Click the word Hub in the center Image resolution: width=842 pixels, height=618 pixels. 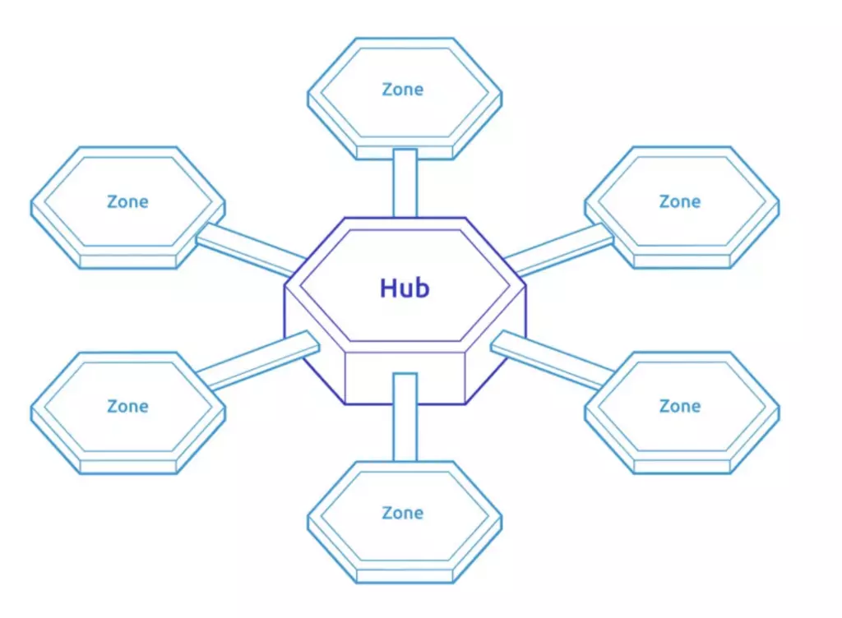[405, 288]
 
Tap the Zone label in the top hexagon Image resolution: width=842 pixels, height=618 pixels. [403, 90]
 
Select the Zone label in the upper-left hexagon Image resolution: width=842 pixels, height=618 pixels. [127, 201]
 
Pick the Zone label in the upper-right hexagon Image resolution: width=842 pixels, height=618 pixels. [680, 201]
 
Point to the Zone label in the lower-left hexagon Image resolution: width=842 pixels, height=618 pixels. [127, 406]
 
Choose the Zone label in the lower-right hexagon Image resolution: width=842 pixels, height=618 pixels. [680, 406]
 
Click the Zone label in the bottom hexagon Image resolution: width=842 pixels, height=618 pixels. [403, 513]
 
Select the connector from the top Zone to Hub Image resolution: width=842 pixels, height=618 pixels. [405, 183]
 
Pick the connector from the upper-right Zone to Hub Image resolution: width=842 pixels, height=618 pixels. [559, 249]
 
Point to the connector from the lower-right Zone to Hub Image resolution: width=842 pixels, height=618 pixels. [551, 359]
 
